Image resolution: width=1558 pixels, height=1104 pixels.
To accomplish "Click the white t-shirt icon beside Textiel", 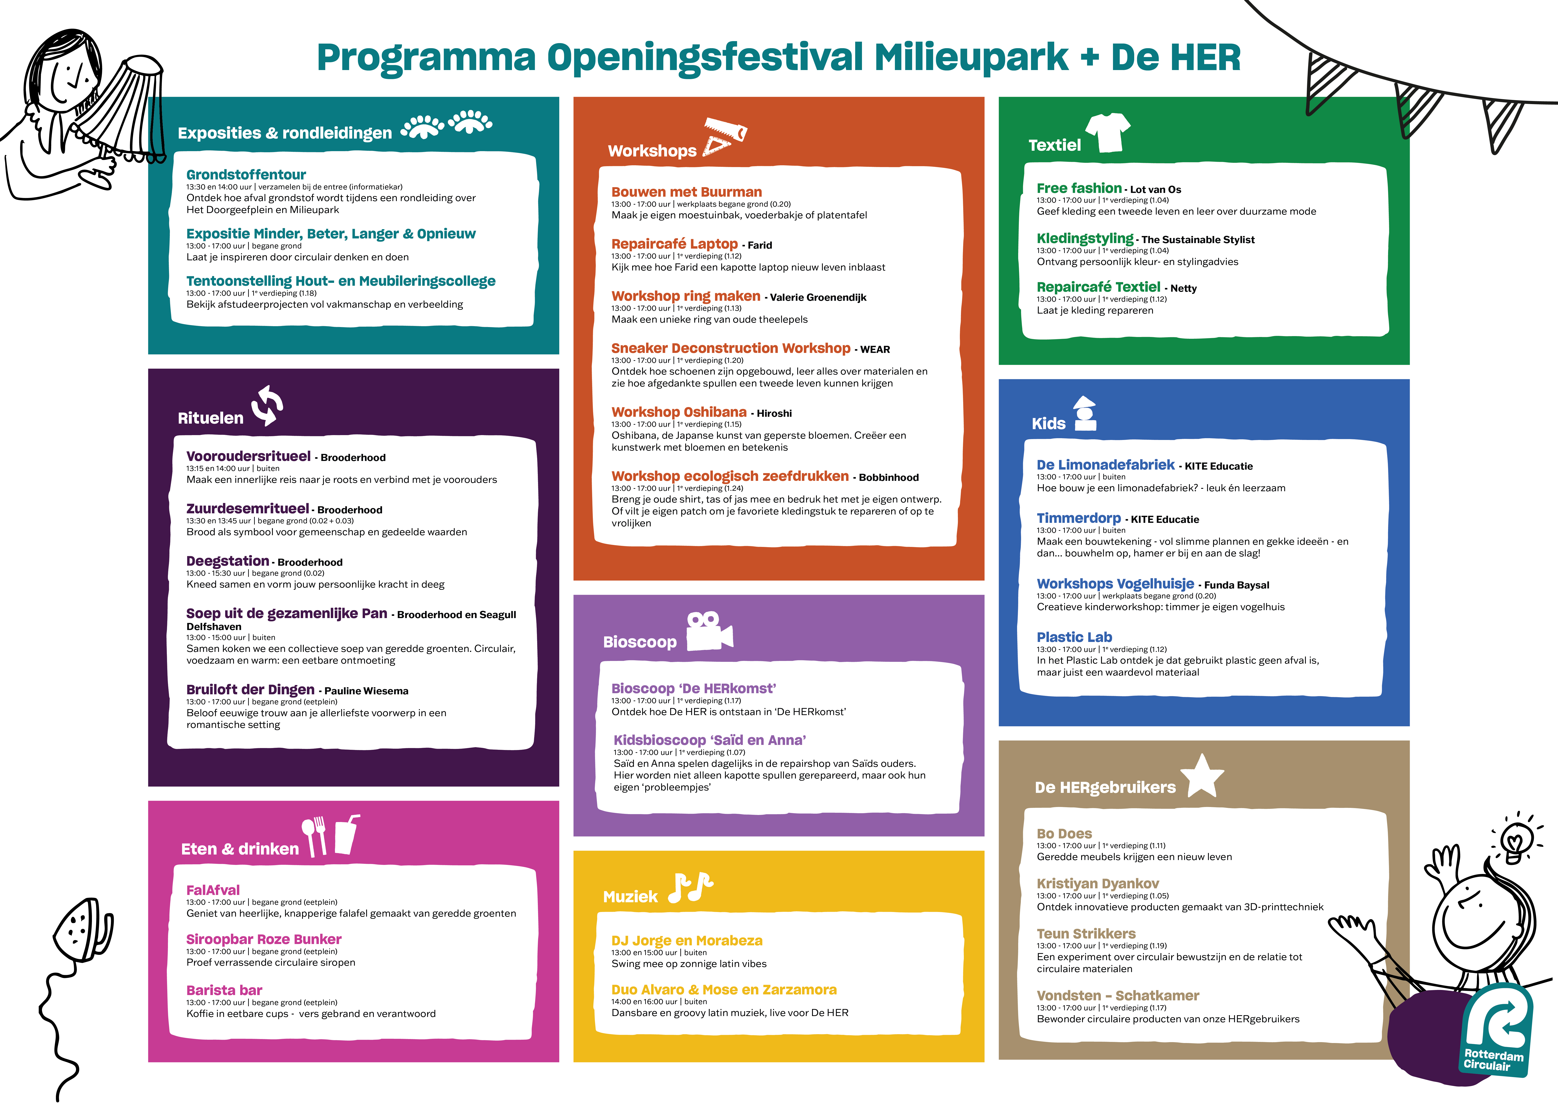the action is coord(1108,132).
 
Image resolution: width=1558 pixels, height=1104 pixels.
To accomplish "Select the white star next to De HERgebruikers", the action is coord(1202,776).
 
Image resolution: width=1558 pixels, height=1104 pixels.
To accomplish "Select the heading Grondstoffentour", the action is coord(246,175).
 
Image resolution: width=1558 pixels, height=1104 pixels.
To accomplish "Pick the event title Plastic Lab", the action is coord(1074,637).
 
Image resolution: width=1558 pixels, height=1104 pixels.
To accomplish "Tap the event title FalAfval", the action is coord(213,890).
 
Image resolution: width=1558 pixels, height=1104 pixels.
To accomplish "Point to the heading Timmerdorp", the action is coord(1079,518).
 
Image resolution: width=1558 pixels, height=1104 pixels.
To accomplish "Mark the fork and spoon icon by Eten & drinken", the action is coord(315,836).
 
